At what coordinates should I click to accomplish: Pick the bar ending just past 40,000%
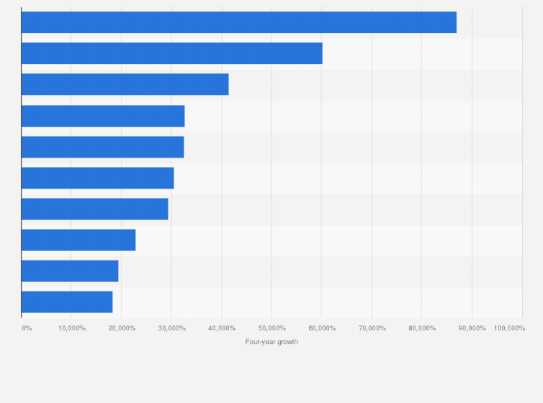click(125, 84)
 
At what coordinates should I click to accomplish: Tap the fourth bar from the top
click(103, 116)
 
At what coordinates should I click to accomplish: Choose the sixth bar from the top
click(97, 178)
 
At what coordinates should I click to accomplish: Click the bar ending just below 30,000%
click(94, 209)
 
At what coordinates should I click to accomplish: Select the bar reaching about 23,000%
click(78, 240)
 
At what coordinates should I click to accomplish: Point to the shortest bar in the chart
click(67, 302)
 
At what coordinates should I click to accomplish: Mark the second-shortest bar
click(70, 271)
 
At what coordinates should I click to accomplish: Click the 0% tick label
click(27, 328)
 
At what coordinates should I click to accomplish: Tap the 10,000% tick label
click(72, 328)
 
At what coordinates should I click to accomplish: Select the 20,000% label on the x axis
click(122, 328)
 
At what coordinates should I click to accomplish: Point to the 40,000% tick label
click(222, 328)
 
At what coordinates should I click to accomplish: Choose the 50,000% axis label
click(271, 328)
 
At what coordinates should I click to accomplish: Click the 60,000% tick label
click(322, 328)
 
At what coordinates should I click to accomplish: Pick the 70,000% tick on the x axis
click(372, 328)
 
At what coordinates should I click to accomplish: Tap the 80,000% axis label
click(422, 328)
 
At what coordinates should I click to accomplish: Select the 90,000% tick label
click(472, 328)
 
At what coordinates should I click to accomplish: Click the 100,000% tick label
click(509, 328)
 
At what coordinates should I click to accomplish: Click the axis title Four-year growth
click(271, 342)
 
